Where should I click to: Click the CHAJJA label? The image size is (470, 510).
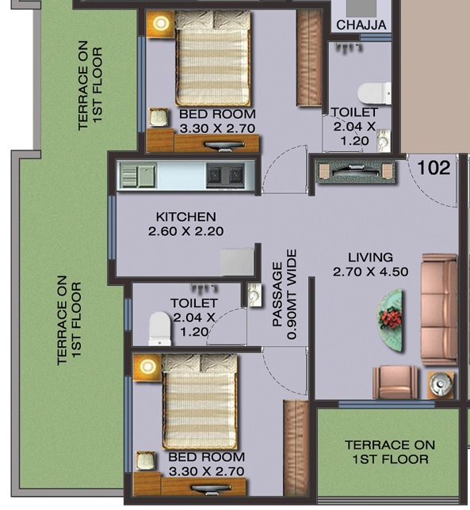361,25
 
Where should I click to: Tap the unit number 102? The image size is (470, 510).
434,168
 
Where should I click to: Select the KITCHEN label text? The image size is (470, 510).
185,217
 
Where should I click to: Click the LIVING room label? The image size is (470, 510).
370,257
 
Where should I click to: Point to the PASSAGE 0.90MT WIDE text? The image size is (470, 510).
284,295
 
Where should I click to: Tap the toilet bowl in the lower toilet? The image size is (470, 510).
160,327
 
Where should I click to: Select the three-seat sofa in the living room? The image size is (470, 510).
438,309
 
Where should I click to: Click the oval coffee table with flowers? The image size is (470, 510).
390,319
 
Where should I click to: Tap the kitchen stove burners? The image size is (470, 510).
225,174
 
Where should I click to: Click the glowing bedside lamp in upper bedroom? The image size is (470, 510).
162,23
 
